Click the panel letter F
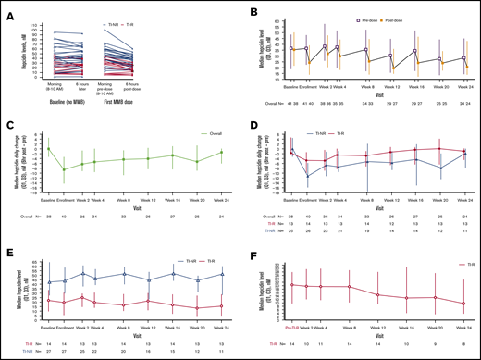(251, 250)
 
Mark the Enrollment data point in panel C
(64, 169)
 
